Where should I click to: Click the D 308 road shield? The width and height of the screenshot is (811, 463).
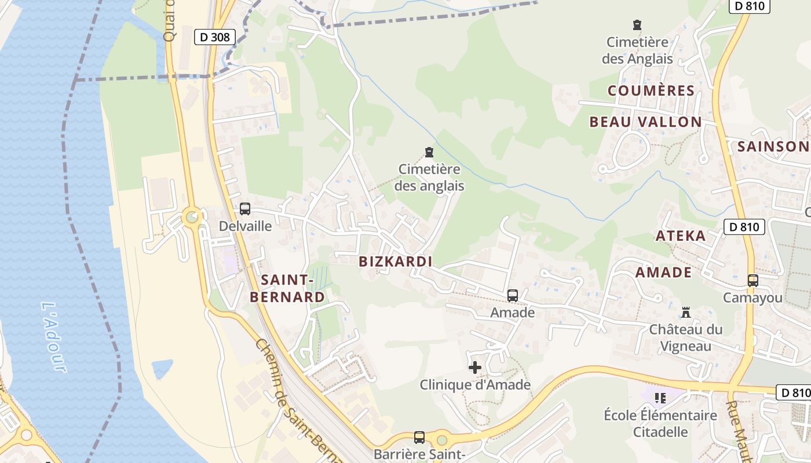(x=214, y=38)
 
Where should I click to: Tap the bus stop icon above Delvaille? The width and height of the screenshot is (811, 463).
(x=245, y=209)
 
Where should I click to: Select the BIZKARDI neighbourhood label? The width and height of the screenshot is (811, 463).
(x=396, y=262)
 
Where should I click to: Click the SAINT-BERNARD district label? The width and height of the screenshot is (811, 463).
(x=287, y=289)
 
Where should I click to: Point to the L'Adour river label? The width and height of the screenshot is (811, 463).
(x=54, y=336)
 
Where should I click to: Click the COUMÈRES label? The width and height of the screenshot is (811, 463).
(x=651, y=91)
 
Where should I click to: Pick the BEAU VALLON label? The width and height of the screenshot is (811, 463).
(x=645, y=122)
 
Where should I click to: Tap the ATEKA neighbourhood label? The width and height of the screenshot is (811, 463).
(x=681, y=236)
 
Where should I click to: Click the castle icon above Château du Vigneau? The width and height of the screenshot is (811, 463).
(x=686, y=313)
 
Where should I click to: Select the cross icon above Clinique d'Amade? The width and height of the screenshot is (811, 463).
(x=475, y=368)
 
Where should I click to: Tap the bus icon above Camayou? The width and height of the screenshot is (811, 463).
(x=752, y=281)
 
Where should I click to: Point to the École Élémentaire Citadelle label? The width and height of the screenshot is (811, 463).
(x=660, y=424)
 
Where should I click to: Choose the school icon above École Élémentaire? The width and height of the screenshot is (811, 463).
(x=660, y=398)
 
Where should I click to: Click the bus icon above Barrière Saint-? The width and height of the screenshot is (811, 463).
(x=419, y=438)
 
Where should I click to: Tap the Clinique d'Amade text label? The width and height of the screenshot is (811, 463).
(x=475, y=385)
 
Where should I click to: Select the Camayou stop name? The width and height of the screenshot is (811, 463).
(x=752, y=298)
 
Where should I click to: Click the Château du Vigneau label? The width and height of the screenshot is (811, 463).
(x=686, y=338)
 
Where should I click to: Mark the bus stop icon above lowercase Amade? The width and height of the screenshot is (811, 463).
(x=513, y=296)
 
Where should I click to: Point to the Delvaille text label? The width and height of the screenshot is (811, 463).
(x=245, y=226)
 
